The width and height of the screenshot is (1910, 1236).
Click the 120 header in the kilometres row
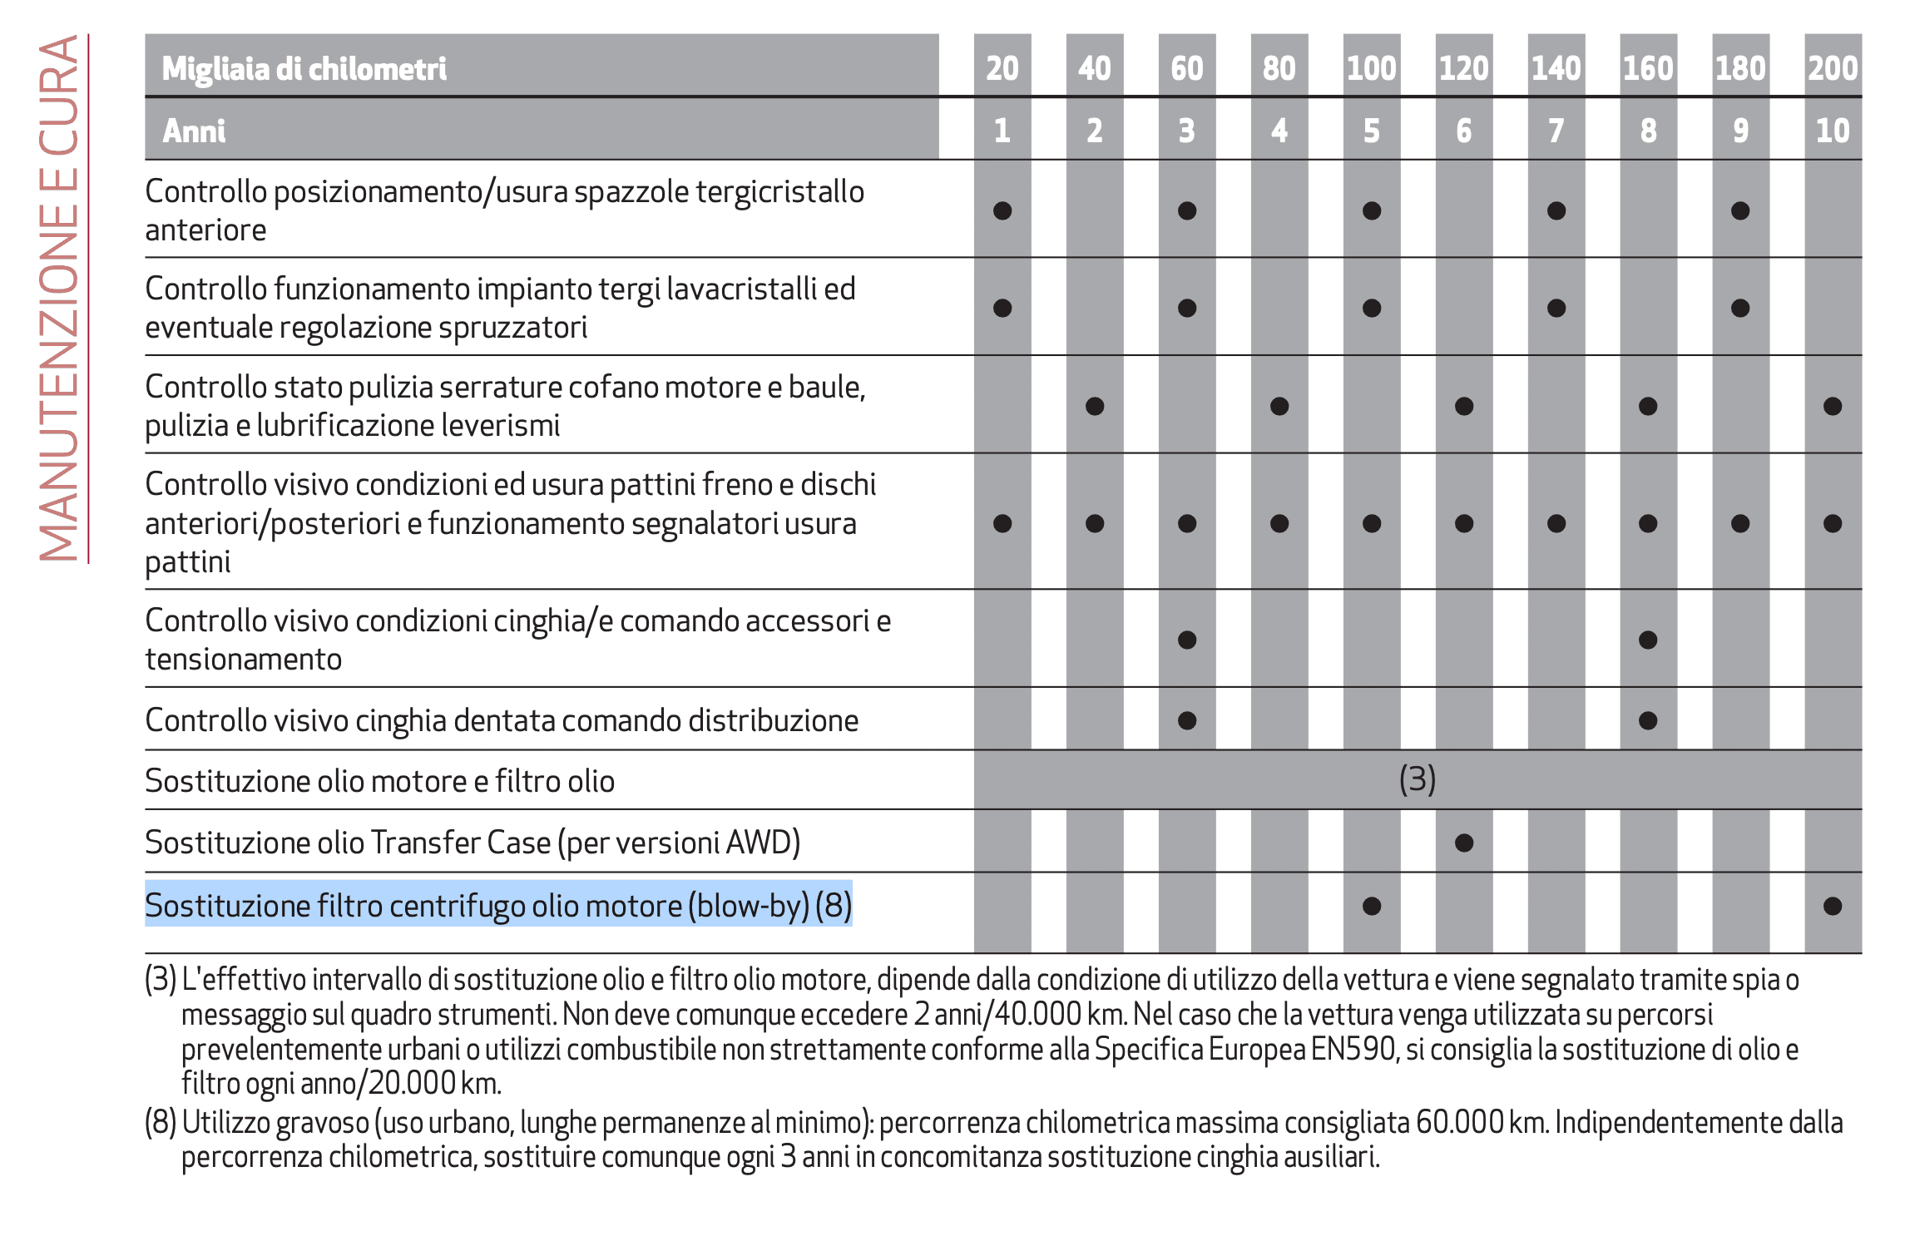[1464, 68]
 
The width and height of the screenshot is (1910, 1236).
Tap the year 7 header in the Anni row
[1556, 131]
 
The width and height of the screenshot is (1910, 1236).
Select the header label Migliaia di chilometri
[304, 68]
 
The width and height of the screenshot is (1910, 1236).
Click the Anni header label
[194, 131]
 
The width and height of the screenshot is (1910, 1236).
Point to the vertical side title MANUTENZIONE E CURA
[58, 298]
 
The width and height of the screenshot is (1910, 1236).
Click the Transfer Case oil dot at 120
[1464, 843]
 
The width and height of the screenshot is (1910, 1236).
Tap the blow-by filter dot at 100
[1372, 906]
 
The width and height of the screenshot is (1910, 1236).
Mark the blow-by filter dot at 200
[1833, 906]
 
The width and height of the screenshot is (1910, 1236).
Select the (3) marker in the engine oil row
[1418, 779]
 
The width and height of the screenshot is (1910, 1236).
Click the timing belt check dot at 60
[1187, 720]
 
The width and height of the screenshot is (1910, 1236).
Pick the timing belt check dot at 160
[1648, 720]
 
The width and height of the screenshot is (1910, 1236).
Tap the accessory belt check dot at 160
[1648, 640]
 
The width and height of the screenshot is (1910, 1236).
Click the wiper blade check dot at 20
[1002, 210]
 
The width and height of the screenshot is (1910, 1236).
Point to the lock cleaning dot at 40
[1095, 406]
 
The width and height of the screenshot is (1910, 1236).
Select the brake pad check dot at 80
[1279, 523]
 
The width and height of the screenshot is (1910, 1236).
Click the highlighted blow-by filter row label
[498, 905]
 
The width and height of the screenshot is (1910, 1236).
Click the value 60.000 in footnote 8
[1460, 1122]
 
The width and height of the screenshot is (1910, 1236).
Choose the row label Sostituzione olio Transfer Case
[473, 843]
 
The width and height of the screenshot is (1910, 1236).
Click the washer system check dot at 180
[1740, 308]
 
